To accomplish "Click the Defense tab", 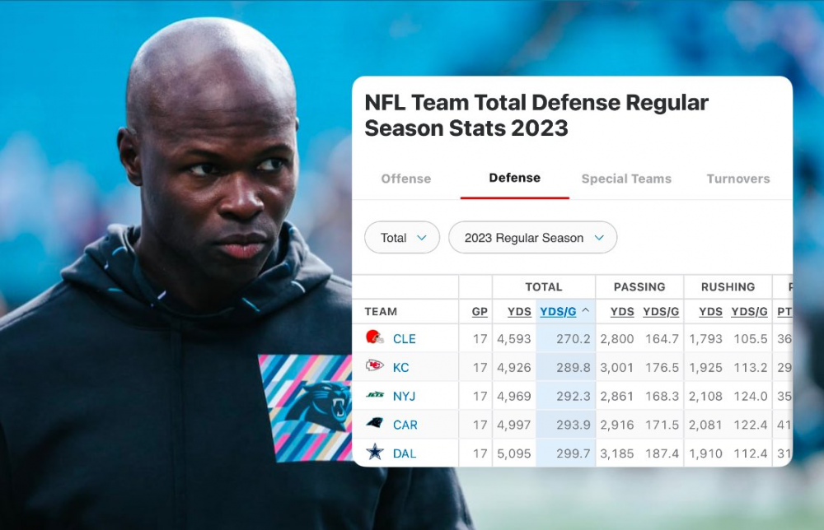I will coord(514,178).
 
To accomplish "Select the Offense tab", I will coord(405,179).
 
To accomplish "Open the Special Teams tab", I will coord(626,179).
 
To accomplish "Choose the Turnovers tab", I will coord(737,179).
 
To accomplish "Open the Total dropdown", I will coord(402,238).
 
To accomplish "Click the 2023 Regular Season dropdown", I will coord(532,238).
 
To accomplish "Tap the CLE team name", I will coord(404,339).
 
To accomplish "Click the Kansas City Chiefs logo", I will coord(375,367).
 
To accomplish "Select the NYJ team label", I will coord(404,396).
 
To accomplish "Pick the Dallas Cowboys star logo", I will coord(375,453).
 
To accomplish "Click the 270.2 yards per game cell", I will coord(574,339).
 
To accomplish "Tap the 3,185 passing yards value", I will coord(616,453).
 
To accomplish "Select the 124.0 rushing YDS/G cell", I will coord(751,396).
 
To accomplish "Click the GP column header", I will coord(480,312).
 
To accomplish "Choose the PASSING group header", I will coord(639,287).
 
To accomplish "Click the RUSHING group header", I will coord(728,287).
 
